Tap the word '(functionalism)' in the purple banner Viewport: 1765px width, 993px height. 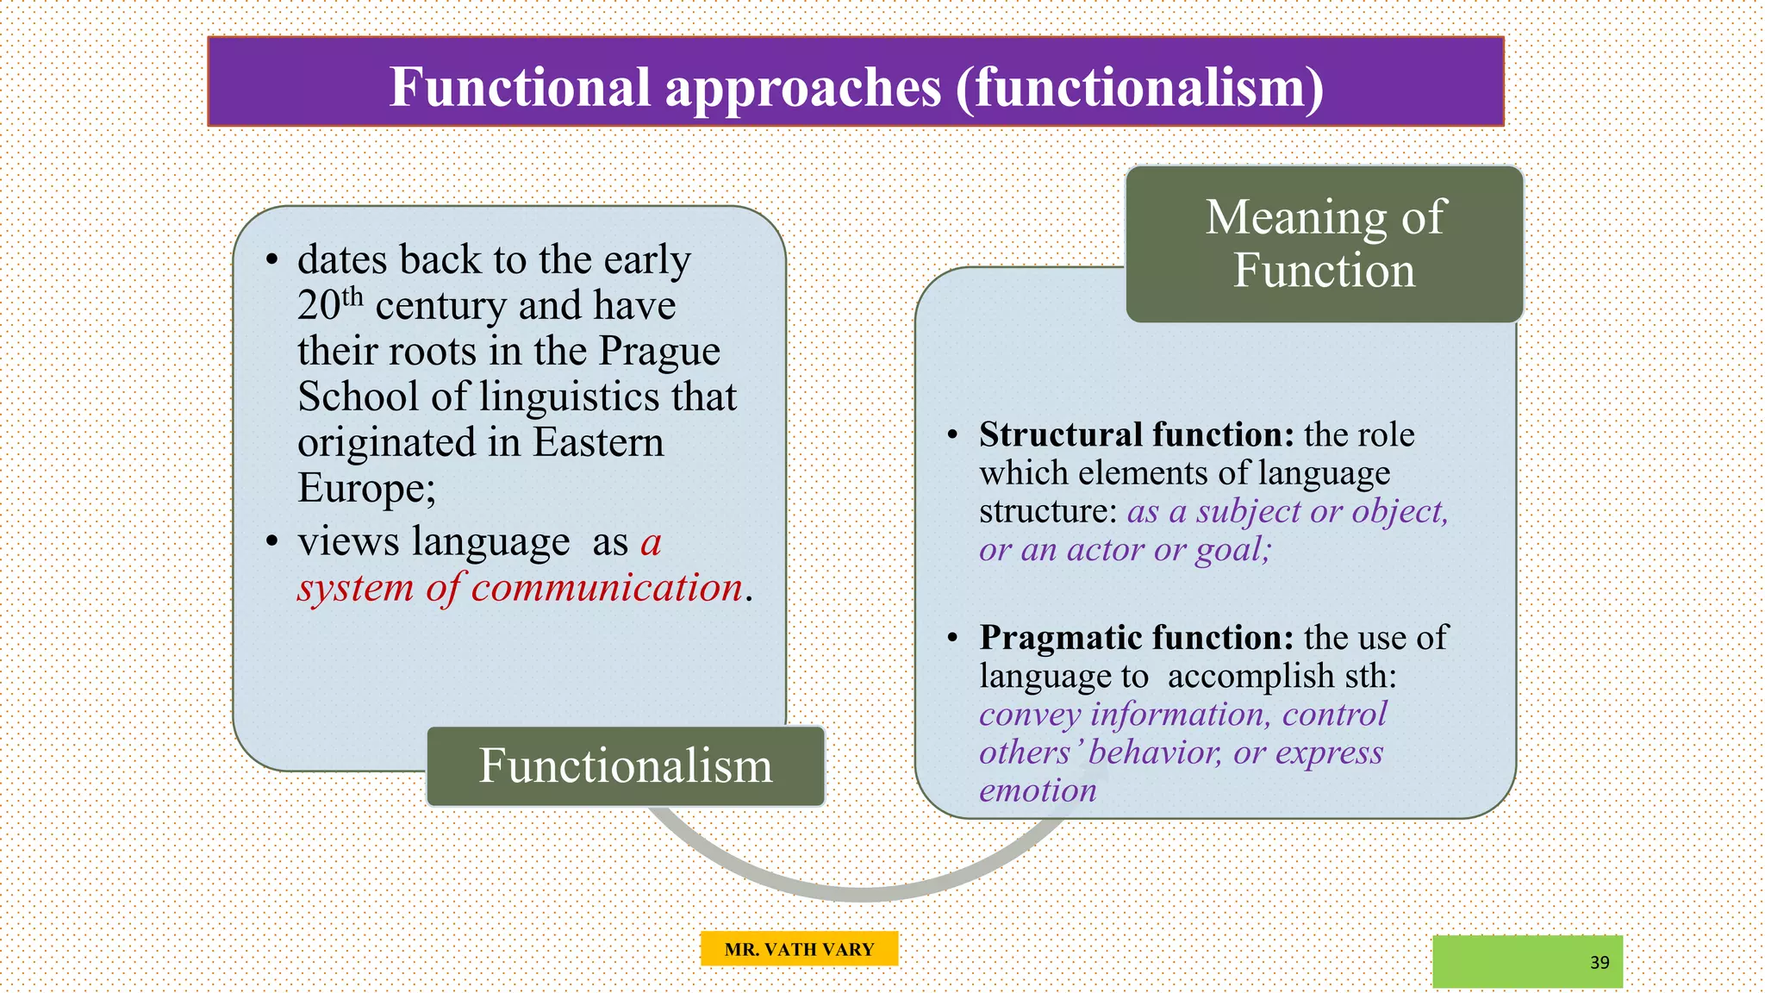(x=1139, y=87)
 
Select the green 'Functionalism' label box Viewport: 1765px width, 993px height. (x=626, y=766)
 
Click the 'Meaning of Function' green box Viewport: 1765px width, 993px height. (x=1325, y=244)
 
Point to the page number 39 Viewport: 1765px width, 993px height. (x=1600, y=963)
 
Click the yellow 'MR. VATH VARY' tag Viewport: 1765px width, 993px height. (x=799, y=949)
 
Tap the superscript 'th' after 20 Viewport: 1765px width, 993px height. (x=352, y=297)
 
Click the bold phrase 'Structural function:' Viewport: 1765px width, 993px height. (x=1136, y=434)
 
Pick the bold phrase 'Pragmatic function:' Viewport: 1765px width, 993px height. (x=1136, y=638)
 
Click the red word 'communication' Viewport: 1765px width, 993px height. (x=607, y=588)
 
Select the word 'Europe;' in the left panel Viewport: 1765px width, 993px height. (x=367, y=489)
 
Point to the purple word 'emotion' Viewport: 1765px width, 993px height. (x=1038, y=790)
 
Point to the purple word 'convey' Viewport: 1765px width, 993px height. (x=1030, y=715)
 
